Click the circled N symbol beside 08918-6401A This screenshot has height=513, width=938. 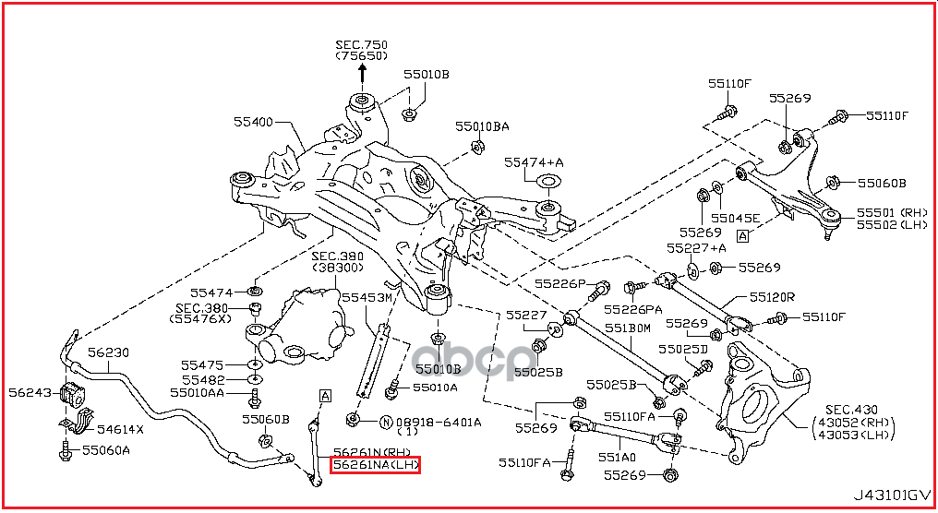coord(385,423)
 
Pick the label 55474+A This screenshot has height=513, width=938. coord(533,162)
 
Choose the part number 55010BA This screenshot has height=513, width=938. coord(482,125)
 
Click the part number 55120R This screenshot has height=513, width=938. coord(772,297)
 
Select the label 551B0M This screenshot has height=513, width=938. coord(628,327)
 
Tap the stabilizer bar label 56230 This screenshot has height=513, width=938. coord(108,352)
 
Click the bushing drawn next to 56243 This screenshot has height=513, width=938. coord(73,396)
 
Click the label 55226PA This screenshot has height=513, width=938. coord(634,310)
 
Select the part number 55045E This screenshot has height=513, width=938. coord(736,219)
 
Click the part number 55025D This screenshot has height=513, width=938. coord(683,349)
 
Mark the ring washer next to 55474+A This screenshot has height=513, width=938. coord(547,182)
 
